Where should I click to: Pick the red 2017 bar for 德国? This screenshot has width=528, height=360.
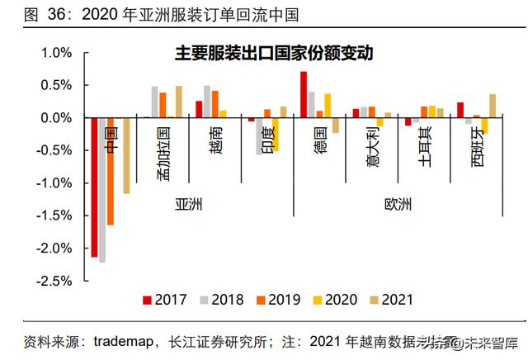tap(304, 95)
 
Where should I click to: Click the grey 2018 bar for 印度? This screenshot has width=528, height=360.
tap(259, 136)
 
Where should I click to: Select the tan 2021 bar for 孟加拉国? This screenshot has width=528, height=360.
tap(178, 102)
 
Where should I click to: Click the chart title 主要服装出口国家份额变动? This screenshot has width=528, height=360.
tap(275, 54)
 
